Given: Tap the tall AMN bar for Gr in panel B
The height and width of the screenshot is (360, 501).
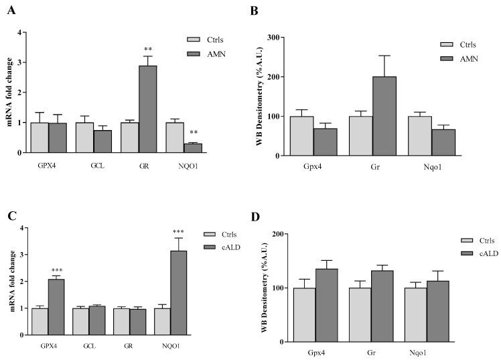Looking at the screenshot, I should tap(384, 116).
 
